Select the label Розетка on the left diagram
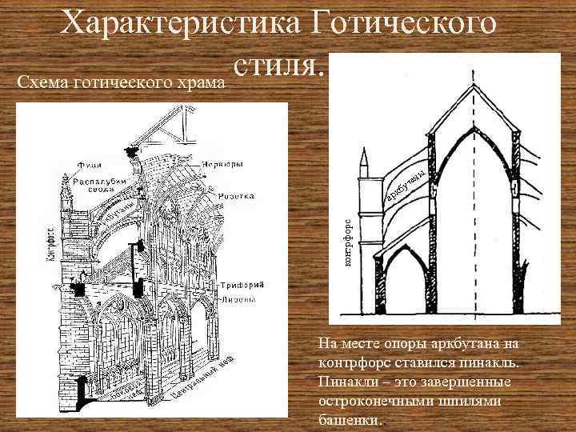click(x=234, y=195)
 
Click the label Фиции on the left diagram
click(x=89, y=166)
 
